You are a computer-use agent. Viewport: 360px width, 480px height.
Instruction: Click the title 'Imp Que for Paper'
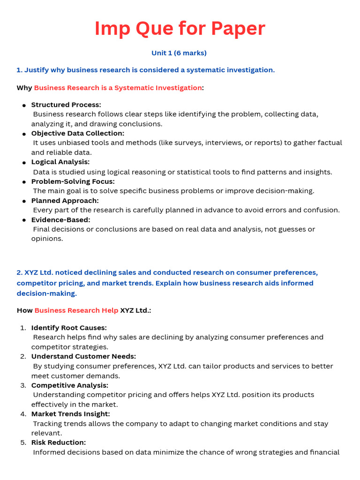coord(180,29)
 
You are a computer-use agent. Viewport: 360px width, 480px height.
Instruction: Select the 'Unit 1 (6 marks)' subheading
coord(179,53)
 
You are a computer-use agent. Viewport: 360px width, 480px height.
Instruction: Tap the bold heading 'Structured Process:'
coord(66,105)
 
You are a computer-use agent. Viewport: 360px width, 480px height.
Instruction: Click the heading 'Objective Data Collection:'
coord(78,133)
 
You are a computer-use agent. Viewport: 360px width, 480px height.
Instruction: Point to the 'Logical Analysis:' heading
coord(60,162)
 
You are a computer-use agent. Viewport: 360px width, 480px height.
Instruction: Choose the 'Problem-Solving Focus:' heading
coord(73,181)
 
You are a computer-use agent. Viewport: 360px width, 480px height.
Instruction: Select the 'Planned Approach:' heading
coord(65,200)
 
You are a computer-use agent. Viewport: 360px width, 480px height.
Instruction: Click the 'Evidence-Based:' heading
coord(61,219)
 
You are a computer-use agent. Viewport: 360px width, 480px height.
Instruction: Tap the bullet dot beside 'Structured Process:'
coord(24,105)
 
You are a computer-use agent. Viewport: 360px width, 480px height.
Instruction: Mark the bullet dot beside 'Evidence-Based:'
coord(24,220)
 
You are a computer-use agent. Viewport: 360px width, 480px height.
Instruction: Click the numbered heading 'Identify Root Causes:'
coord(69,328)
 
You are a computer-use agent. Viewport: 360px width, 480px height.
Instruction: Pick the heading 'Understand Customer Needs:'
coord(83,356)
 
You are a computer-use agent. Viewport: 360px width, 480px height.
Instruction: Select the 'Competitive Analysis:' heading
coord(70,385)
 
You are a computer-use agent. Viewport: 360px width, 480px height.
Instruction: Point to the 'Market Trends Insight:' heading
coord(71,414)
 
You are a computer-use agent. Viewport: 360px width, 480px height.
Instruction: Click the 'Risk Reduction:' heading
coord(59,442)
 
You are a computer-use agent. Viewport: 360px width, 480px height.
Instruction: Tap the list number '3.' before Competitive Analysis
coord(23,385)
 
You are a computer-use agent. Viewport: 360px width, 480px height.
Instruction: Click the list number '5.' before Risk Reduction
coord(23,442)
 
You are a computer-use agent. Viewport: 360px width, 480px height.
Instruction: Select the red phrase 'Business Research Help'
coord(76,310)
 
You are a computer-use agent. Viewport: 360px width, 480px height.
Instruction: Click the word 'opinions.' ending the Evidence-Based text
coord(47,239)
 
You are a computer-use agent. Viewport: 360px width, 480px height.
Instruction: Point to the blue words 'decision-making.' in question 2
coord(47,293)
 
